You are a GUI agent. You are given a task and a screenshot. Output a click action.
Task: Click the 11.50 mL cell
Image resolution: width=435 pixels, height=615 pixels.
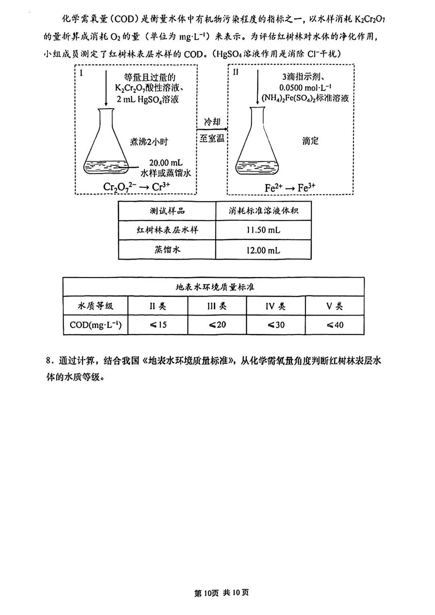[263, 230]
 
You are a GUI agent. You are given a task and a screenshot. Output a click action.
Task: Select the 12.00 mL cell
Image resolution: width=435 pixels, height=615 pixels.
[263, 250]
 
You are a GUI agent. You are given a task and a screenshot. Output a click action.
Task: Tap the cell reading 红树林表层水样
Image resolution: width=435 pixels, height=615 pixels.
[167, 230]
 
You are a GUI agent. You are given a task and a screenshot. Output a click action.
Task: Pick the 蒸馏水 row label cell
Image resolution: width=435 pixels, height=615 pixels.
[167, 250]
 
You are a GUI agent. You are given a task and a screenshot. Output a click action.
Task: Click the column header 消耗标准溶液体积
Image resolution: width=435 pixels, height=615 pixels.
[263, 211]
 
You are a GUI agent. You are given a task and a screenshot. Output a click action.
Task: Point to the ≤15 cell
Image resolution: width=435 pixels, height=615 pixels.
[158, 325]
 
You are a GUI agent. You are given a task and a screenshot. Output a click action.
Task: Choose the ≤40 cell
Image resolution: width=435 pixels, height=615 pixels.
[335, 325]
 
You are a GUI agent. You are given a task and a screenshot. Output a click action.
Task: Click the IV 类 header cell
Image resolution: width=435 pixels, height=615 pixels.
[276, 306]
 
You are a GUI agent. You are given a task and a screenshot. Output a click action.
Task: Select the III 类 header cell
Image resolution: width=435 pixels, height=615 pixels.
[217, 306]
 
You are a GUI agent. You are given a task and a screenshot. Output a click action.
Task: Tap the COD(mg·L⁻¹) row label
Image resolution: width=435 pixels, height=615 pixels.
[95, 325]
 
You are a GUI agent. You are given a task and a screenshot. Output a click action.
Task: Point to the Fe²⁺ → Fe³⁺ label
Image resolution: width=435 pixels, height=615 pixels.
[290, 187]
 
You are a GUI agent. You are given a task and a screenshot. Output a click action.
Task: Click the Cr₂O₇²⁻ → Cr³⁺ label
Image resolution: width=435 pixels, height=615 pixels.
[137, 187]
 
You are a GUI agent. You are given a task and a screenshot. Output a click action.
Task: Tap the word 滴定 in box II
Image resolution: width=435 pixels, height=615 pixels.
[310, 141]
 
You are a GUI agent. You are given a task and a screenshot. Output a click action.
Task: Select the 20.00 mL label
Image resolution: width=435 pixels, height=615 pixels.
[166, 163]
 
